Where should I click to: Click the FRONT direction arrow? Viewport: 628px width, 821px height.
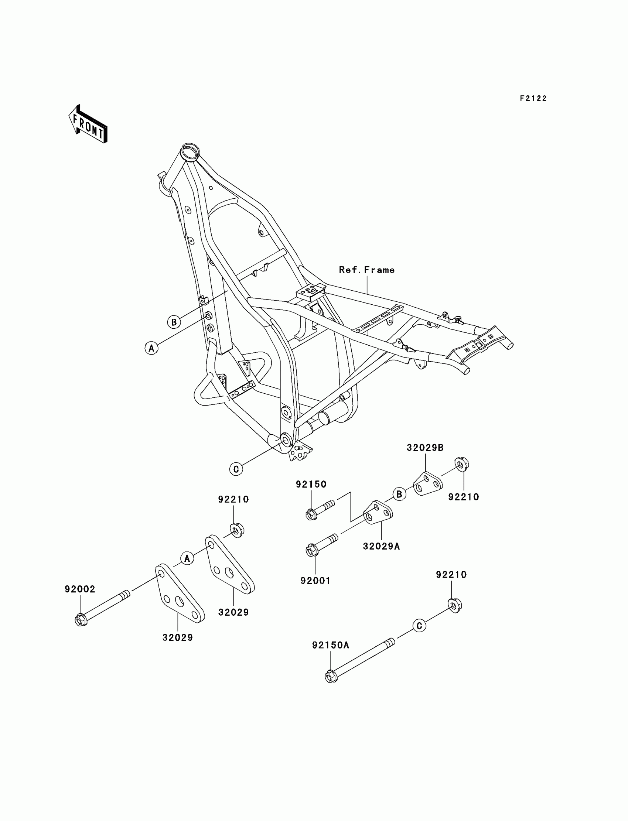88,125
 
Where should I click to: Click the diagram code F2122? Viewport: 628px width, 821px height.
533,98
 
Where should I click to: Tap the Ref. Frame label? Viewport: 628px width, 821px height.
366,270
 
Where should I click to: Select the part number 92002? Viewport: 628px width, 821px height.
80,589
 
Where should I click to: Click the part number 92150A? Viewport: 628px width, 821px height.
331,645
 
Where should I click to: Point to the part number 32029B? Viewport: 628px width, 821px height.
425,448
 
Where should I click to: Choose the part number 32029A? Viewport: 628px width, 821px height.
381,546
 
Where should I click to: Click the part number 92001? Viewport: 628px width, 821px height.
315,581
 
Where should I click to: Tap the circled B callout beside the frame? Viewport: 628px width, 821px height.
174,322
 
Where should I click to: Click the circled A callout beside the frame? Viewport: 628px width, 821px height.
151,348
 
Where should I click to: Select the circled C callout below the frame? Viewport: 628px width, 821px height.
236,469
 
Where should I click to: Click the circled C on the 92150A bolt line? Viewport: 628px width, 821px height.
419,626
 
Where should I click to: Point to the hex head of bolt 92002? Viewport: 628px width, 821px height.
81,621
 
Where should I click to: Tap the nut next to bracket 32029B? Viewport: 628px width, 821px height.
462,464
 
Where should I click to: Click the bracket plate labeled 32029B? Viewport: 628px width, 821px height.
428,484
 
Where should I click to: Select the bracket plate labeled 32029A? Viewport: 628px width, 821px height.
378,513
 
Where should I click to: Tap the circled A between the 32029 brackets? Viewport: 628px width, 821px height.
187,559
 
